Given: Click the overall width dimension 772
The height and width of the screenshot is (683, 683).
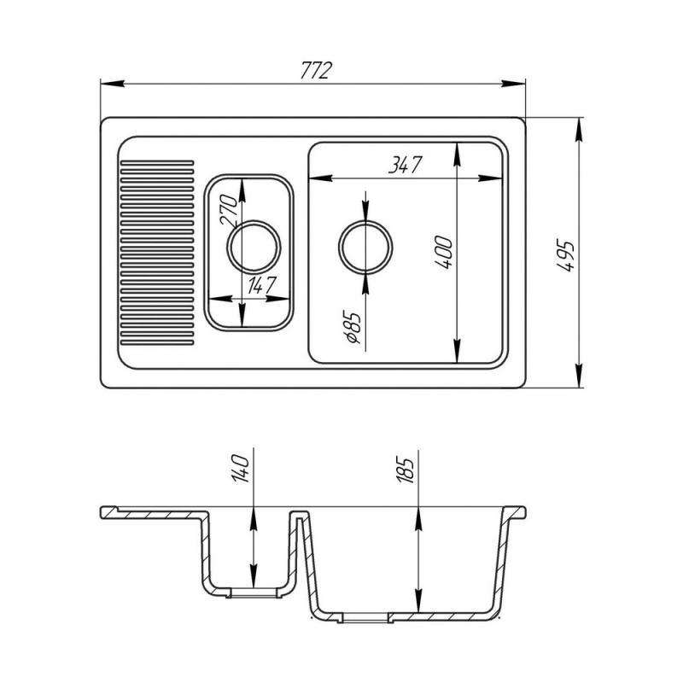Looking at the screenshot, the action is click(x=316, y=71).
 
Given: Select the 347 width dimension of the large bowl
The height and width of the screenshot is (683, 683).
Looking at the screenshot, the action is click(x=406, y=165).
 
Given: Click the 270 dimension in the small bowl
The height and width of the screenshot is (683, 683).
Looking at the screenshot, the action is click(x=229, y=210).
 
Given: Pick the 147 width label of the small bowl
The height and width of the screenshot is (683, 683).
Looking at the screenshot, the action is click(x=260, y=286).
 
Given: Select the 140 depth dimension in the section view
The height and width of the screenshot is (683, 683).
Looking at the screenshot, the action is click(x=240, y=468).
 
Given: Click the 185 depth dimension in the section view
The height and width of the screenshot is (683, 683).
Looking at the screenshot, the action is click(x=404, y=471).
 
